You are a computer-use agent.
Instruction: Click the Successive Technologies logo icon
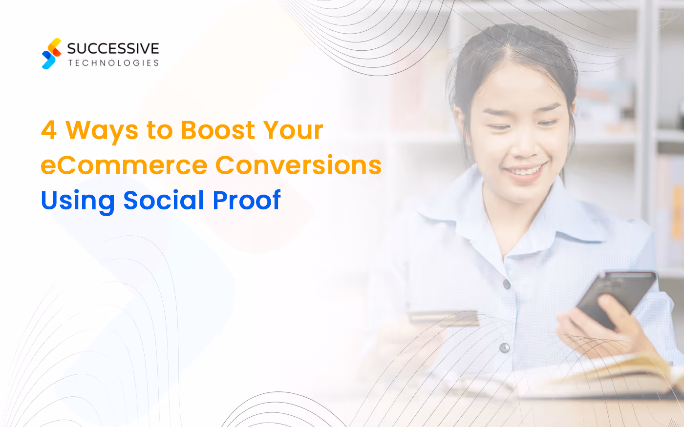pyautogui.click(x=51, y=54)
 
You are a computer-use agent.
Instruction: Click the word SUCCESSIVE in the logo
pyautogui.click(x=113, y=48)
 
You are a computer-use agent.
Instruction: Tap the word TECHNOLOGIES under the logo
pyautogui.click(x=113, y=63)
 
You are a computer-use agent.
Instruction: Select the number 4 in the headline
pyautogui.click(x=49, y=130)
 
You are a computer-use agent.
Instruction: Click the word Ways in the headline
pyautogui.click(x=102, y=131)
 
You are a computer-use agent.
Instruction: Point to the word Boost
pyautogui.click(x=218, y=130)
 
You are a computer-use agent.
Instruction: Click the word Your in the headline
pyautogui.click(x=293, y=130)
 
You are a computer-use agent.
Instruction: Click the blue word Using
pyautogui.click(x=77, y=201)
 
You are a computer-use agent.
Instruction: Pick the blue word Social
pyautogui.click(x=164, y=200)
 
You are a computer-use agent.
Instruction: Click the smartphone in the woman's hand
pyautogui.click(x=615, y=297)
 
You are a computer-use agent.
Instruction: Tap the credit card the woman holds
pyautogui.click(x=443, y=318)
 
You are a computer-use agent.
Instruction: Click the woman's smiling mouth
pyautogui.click(x=525, y=171)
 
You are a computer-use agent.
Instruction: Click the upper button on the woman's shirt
pyautogui.click(x=507, y=284)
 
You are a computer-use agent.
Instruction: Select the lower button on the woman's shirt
pyautogui.click(x=504, y=348)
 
